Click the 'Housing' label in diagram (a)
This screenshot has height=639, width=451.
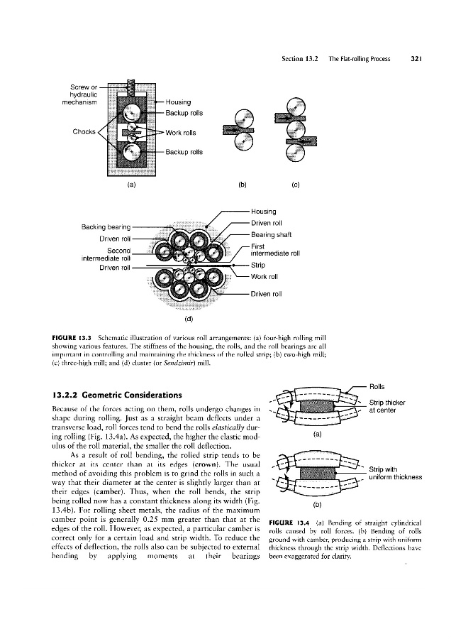[178, 102]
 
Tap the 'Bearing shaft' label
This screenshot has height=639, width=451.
[273, 235]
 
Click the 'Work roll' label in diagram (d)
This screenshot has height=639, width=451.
[266, 276]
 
